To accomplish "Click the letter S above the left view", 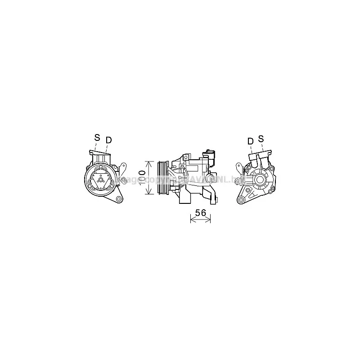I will click(x=97, y=138).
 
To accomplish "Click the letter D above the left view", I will click(x=108, y=140).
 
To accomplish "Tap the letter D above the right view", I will click(x=250, y=141).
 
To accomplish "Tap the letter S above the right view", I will click(x=261, y=139).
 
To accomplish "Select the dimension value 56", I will click(x=200, y=213).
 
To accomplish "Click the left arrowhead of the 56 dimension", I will click(x=193, y=220).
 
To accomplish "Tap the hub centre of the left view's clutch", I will click(x=101, y=180).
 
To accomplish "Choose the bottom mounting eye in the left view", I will click(x=119, y=199).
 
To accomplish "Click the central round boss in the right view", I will click(x=261, y=179).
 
